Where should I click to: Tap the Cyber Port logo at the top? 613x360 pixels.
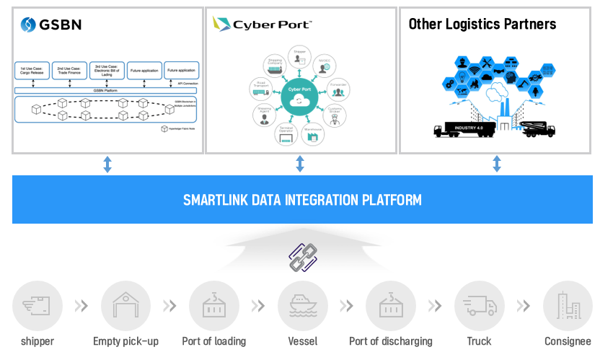[262, 24]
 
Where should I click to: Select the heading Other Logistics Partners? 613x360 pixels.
[482, 24]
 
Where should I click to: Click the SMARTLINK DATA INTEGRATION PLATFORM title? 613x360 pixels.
[302, 199]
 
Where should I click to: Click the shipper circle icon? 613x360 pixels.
[37, 306]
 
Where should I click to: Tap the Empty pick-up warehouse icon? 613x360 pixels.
[125, 306]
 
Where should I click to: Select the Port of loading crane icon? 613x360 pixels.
[213, 306]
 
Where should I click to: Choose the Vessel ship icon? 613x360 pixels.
[302, 306]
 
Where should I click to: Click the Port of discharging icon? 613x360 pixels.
[391, 306]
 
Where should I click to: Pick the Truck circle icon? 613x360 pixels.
[479, 306]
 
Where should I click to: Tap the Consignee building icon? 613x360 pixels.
[568, 306]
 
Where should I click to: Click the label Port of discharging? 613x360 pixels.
[391, 341]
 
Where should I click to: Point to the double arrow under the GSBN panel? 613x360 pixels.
[107, 164]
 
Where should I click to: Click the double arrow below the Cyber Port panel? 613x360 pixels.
[300, 164]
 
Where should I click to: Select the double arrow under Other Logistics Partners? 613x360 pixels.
[497, 164]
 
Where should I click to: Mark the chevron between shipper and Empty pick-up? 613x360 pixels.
[81, 306]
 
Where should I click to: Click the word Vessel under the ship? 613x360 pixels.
[302, 341]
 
